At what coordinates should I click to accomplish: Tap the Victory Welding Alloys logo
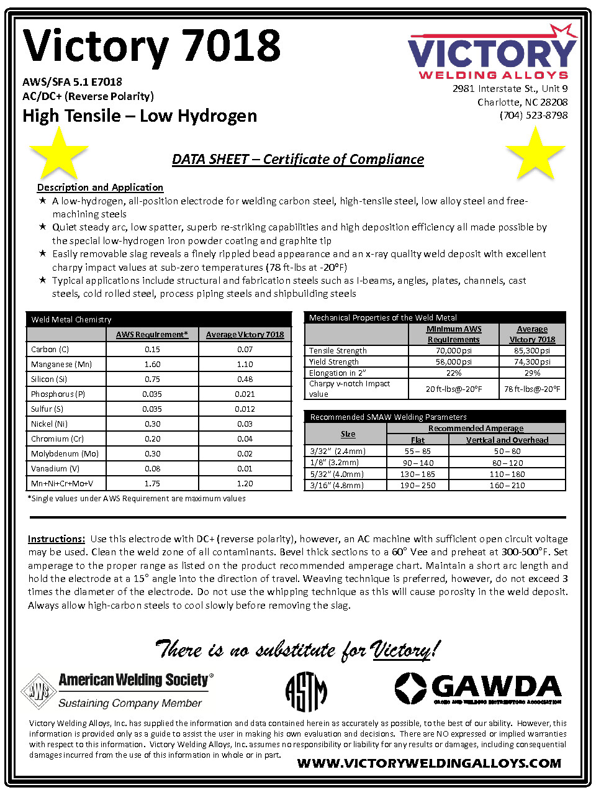[x=492, y=53]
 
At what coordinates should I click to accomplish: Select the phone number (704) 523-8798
[x=533, y=116]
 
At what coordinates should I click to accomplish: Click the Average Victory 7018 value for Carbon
[x=245, y=350]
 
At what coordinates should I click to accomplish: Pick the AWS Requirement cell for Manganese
[x=152, y=365]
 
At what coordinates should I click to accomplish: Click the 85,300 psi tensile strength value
[x=532, y=351]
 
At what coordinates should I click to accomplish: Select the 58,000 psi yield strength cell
[x=453, y=362]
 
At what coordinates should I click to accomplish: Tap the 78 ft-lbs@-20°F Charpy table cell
[x=532, y=389]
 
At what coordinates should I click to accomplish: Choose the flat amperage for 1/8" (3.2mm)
[x=418, y=463]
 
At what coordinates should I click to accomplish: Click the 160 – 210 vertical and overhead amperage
[x=507, y=486]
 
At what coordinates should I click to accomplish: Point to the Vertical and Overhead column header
[x=507, y=440]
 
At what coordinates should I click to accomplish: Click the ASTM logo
[x=306, y=691]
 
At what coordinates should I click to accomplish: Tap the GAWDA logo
[x=478, y=689]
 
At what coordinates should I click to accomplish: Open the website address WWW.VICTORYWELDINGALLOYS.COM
[x=429, y=763]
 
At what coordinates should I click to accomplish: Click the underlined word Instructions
[x=56, y=539]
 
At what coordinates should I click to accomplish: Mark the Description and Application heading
[x=100, y=188]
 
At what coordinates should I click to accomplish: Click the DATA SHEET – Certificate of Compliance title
[x=298, y=160]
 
